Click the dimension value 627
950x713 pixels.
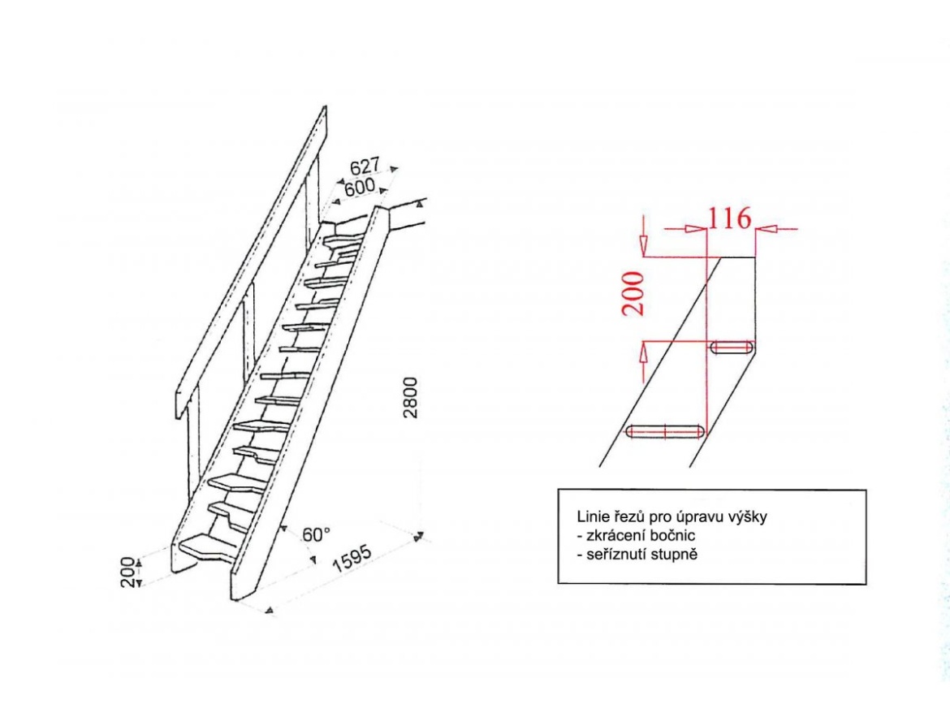(365, 166)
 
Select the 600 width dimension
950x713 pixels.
(360, 187)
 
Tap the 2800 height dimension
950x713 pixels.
(411, 397)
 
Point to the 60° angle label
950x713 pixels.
(317, 535)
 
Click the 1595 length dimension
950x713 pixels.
(352, 560)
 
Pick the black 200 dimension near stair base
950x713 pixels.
(127, 572)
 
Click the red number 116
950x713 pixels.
(730, 218)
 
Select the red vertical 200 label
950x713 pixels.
(633, 293)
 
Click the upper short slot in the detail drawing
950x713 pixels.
(732, 348)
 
